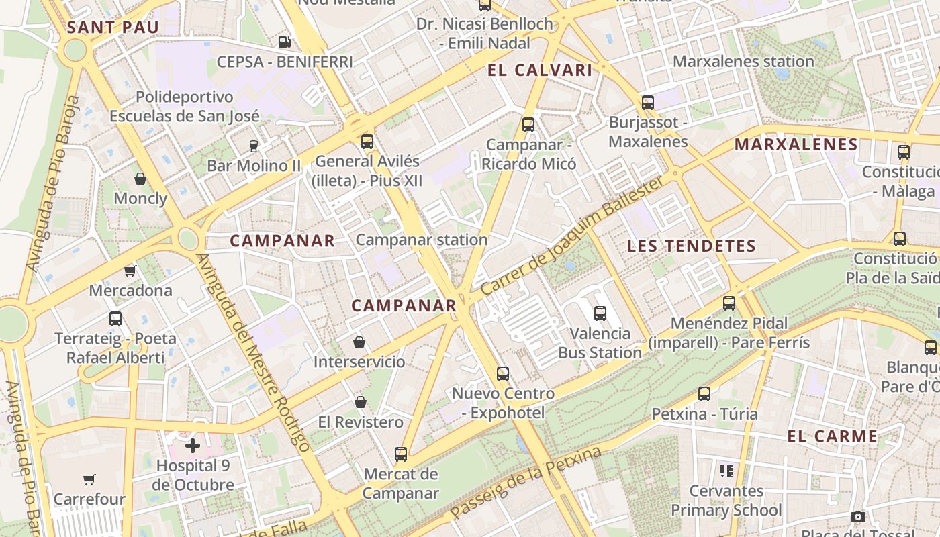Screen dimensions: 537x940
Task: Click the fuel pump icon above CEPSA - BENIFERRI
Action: tap(285, 42)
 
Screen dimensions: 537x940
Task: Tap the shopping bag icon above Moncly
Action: tap(140, 179)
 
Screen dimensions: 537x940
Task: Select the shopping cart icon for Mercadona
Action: tap(130, 271)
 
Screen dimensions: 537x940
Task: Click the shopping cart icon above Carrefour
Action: tap(89, 479)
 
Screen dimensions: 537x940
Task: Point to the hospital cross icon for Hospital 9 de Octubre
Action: tap(193, 445)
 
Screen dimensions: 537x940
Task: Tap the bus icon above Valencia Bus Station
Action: tap(600, 313)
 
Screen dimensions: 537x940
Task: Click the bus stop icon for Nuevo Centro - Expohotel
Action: tap(503, 374)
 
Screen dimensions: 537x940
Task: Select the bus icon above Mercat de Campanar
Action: tap(401, 454)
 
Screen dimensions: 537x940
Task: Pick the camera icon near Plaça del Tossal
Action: tap(857, 516)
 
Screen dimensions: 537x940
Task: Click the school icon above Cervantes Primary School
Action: tap(726, 471)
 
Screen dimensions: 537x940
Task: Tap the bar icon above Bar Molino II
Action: tap(253, 146)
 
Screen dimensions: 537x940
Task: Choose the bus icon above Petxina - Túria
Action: tap(704, 394)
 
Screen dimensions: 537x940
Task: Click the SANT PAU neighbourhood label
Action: tap(113, 28)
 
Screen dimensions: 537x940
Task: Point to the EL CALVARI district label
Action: tap(540, 70)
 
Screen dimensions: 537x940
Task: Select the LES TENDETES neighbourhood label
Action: tap(692, 246)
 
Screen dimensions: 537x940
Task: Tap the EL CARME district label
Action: tap(833, 436)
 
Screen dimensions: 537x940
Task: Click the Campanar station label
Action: tap(422, 240)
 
